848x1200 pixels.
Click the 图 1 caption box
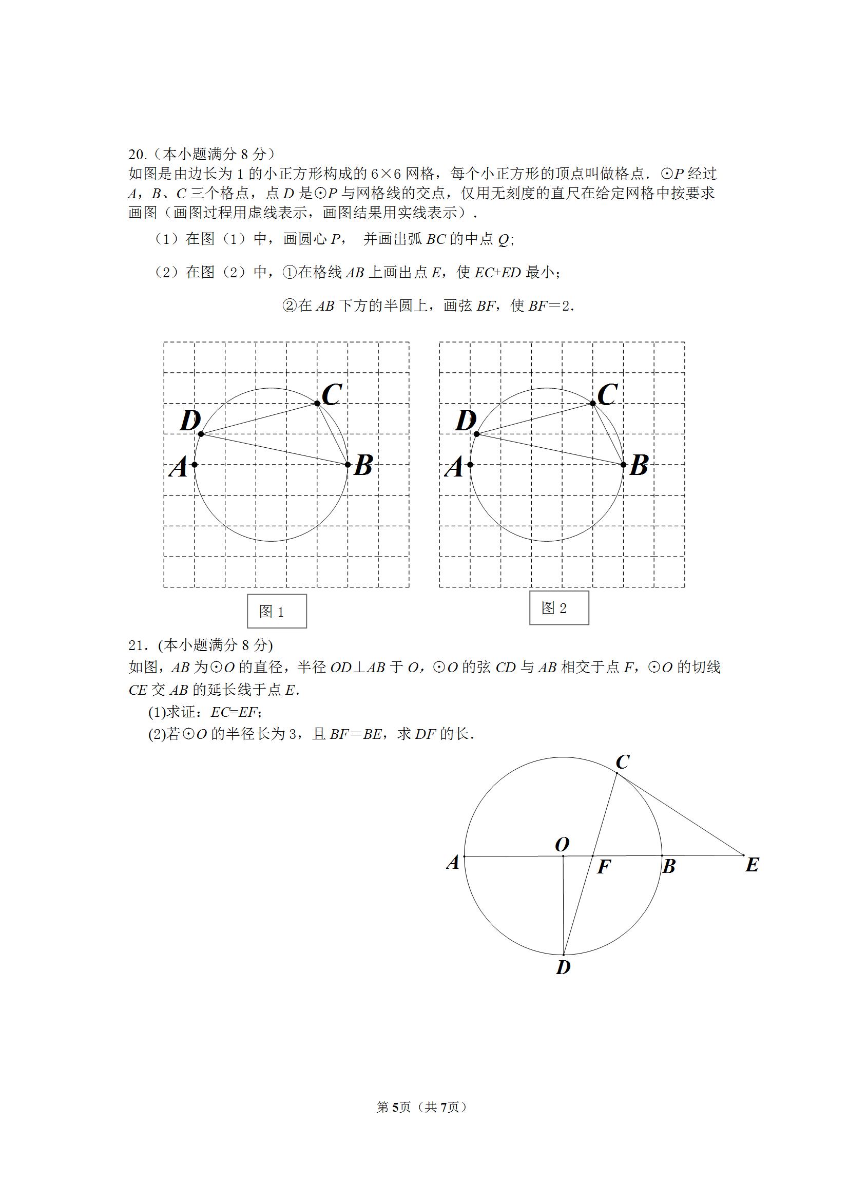pos(276,611)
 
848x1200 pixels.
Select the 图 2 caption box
pos(558,608)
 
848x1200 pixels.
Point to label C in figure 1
pos(332,394)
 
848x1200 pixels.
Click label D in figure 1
pos(190,421)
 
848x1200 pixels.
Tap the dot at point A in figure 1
pos(195,465)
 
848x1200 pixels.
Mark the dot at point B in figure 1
pos(348,465)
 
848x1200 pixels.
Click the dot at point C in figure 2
pos(592,403)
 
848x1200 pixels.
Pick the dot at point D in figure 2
pos(476,434)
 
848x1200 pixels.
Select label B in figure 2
pos(639,466)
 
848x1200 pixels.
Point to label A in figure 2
pos(454,467)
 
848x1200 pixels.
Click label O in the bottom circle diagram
pos(562,844)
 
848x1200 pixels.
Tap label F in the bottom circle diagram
pos(604,867)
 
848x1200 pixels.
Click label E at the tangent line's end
pos(752,865)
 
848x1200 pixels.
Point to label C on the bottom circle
pos(622,763)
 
